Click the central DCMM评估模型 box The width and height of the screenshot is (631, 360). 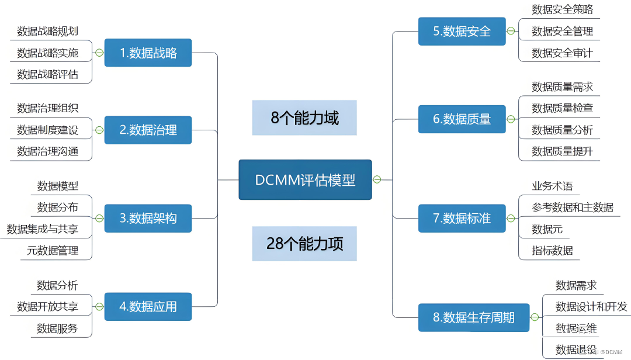(305, 180)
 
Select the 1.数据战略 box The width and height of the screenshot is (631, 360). (148, 53)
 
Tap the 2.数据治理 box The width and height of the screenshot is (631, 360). (148, 130)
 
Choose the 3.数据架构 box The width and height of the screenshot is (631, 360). (148, 218)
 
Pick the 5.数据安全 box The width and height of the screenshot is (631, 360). (462, 31)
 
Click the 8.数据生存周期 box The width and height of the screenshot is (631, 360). (473, 317)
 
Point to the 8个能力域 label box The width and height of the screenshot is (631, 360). (304, 117)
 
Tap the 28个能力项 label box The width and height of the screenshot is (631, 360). (304, 244)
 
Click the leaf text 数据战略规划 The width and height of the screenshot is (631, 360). (47, 31)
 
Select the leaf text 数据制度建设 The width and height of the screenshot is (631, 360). (47, 130)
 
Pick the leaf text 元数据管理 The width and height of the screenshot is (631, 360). (53, 251)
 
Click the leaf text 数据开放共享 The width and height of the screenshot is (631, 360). (47, 306)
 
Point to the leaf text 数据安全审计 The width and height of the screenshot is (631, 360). (562, 53)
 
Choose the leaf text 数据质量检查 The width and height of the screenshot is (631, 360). (562, 108)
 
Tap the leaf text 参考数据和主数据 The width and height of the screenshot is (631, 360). (573, 207)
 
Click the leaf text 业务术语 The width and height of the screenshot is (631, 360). (552, 186)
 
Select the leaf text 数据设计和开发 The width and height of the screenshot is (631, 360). (591, 306)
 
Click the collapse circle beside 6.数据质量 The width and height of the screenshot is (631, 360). (511, 119)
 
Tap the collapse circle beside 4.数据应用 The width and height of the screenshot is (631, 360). (99, 306)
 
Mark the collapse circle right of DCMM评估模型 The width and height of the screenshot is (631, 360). (377, 179)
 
